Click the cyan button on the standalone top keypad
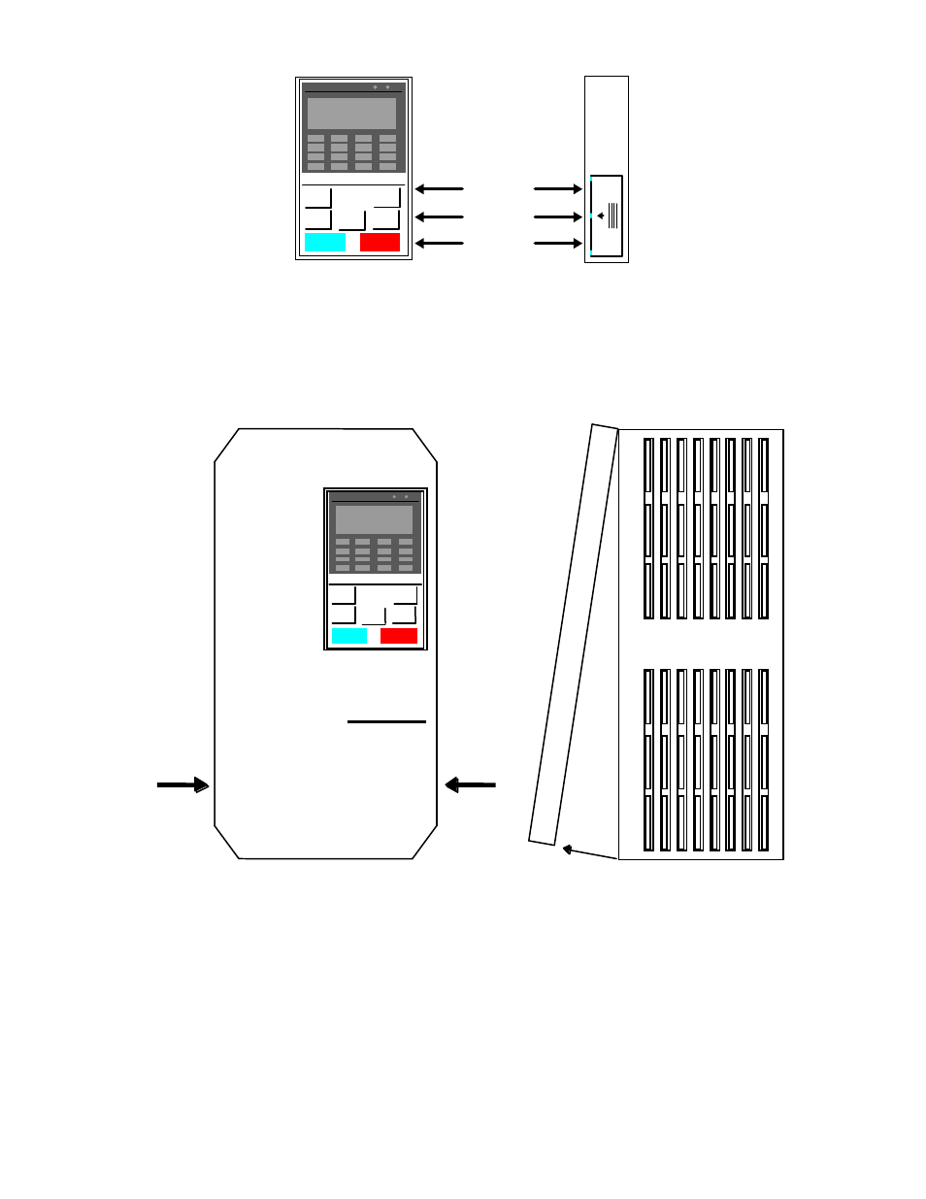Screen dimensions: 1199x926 pos(325,242)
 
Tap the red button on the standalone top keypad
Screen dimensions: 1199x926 pos(380,242)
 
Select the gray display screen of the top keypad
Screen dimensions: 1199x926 pos(351,113)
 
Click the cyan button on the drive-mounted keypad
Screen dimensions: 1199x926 pos(349,636)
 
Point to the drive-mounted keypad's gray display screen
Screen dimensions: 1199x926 pos(375,519)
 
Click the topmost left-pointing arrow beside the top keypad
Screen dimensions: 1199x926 pos(440,189)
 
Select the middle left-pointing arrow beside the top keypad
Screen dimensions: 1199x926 pos(440,216)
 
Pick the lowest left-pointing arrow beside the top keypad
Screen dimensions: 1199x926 pos(440,243)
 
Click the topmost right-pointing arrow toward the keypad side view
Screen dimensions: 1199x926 pos(558,189)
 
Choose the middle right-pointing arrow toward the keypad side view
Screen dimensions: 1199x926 pos(558,216)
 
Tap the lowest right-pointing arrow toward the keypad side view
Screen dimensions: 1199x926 pos(558,243)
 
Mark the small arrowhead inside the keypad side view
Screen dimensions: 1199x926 pos(601,216)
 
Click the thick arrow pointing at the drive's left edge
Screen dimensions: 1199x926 pos(183,784)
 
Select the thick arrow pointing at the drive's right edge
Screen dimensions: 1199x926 pos(471,784)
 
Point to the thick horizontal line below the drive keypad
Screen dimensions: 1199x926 pos(386,721)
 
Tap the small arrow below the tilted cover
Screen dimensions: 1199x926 pos(589,853)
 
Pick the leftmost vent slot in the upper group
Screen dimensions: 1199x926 pos(649,528)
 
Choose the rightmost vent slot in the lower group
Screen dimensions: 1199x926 pos(764,759)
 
